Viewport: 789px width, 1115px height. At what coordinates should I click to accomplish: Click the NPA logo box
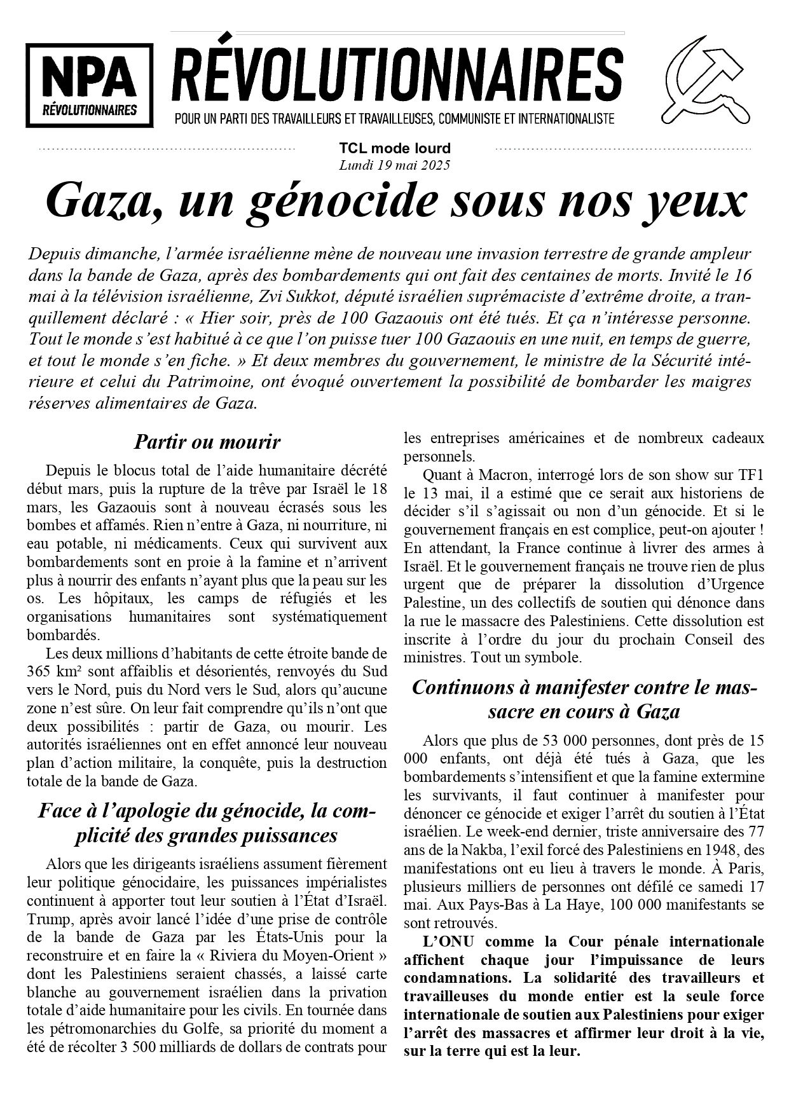pyautogui.click(x=90, y=85)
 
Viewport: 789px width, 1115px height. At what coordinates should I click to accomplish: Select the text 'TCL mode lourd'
pyautogui.click(x=395, y=149)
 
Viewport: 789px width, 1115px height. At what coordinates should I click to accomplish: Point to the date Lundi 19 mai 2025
pyautogui.click(x=395, y=165)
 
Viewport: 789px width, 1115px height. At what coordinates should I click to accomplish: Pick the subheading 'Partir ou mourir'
pyautogui.click(x=207, y=441)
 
